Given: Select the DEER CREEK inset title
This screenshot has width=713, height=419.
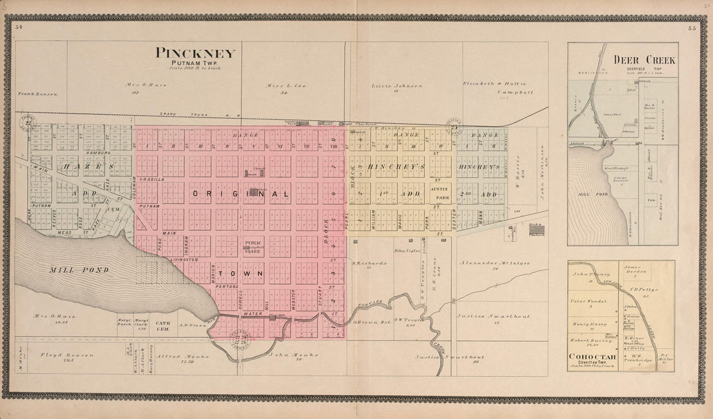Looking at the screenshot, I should click(644, 60).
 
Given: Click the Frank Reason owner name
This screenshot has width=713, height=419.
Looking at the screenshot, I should click(38, 94).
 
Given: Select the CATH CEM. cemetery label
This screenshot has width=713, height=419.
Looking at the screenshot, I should click(163, 325).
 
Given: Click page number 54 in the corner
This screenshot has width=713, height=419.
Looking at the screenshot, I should click(19, 27).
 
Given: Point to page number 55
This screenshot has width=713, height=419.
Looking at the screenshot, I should click(692, 27).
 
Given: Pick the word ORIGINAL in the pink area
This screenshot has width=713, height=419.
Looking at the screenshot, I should click(240, 193).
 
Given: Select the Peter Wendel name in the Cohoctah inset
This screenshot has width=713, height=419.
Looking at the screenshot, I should click(587, 302).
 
